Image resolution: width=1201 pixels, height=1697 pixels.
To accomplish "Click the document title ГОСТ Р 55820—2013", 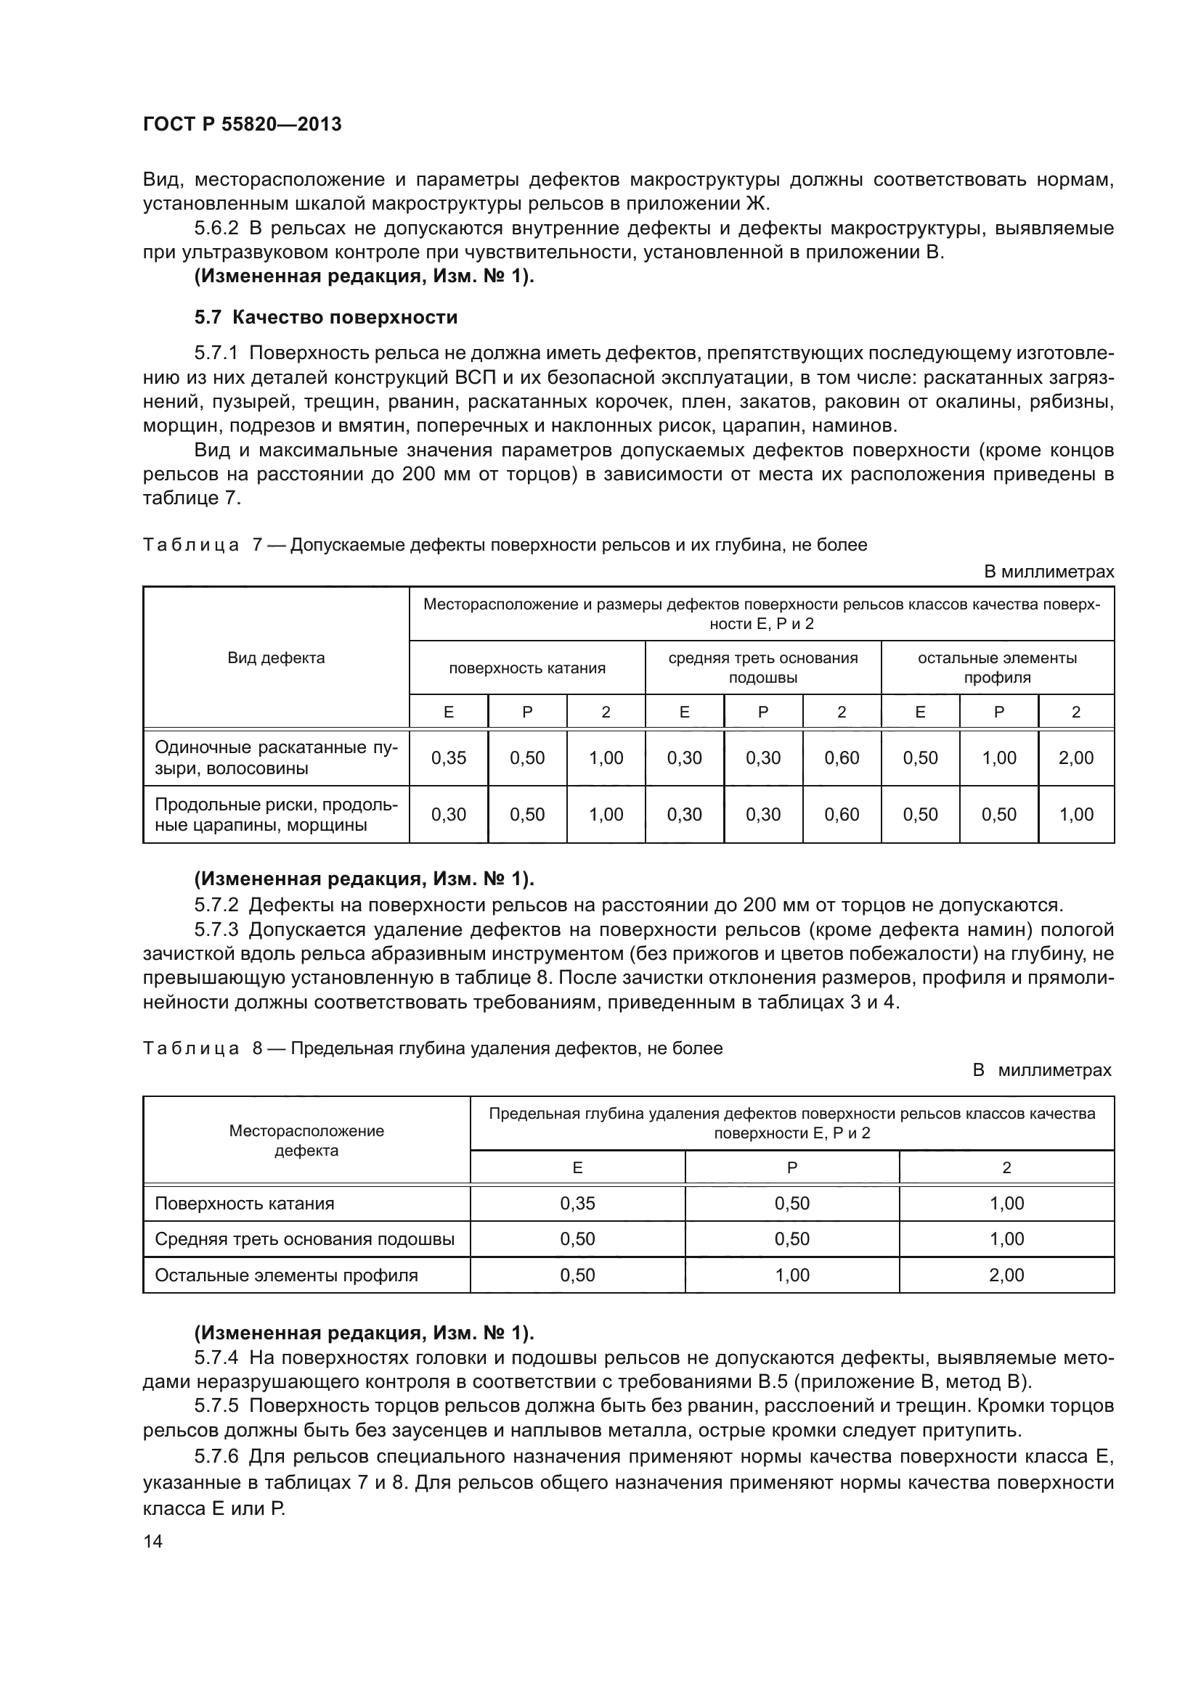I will (x=242, y=124).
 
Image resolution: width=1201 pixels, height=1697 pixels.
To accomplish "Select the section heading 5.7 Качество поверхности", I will (x=326, y=318).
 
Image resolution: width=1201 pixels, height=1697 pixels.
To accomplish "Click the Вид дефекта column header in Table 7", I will (x=276, y=658).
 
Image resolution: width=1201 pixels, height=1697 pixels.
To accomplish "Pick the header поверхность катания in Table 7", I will (x=527, y=668).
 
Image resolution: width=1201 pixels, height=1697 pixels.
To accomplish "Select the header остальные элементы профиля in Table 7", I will (x=997, y=667).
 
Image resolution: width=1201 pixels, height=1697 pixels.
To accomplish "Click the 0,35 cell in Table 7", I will (x=449, y=757).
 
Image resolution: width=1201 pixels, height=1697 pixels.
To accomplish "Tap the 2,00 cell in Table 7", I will (x=1076, y=757).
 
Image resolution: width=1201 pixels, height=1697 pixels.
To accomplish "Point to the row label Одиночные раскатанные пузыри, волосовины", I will (x=276, y=757).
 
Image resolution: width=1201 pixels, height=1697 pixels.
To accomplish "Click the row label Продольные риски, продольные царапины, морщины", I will (x=276, y=815).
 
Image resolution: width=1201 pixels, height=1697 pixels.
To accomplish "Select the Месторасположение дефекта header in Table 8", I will (x=306, y=1141).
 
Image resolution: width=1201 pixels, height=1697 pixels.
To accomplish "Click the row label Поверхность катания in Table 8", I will (x=244, y=1203).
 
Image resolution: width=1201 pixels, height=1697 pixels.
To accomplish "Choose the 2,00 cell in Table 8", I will (x=1006, y=1275).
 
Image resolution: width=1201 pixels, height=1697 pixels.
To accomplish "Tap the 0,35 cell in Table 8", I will (x=577, y=1203).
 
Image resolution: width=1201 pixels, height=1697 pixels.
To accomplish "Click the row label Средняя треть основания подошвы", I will (x=304, y=1239).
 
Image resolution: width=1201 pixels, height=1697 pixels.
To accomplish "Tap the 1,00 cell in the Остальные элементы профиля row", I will (x=792, y=1275).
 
